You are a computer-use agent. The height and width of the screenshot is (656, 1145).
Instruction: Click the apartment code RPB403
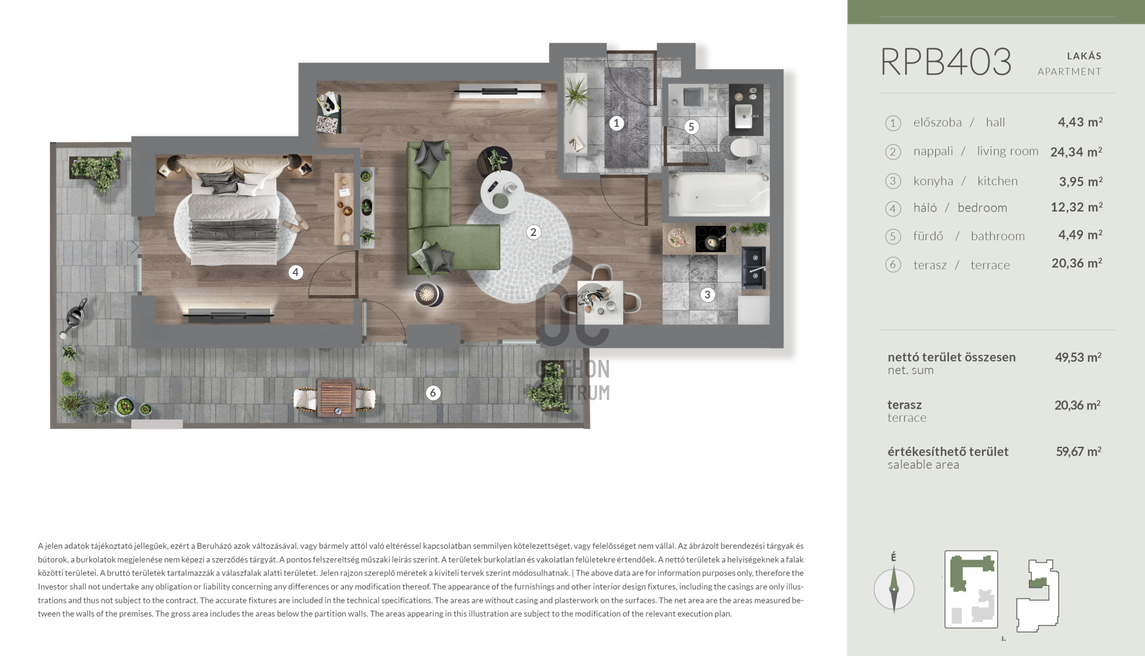coord(946,62)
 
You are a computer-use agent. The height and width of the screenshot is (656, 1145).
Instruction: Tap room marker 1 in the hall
coord(616,123)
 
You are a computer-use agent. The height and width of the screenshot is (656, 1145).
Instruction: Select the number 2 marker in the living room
coord(533,232)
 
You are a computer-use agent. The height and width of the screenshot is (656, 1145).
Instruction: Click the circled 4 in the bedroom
coord(295,272)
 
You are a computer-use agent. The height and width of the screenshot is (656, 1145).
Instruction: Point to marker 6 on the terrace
coord(433,393)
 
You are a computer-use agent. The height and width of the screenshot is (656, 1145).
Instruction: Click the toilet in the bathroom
coord(744,148)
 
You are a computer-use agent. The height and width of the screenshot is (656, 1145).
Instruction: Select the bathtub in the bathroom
coord(719,195)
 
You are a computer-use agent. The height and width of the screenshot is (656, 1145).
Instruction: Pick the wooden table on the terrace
coord(336,397)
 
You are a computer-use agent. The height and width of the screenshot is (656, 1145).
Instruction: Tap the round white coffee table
coord(503,192)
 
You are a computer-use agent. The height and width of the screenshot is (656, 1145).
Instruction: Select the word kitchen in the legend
coord(997,181)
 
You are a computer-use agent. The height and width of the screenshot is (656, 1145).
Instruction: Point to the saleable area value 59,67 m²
coord(1078,452)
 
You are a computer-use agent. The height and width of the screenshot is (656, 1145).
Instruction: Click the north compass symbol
coord(894,589)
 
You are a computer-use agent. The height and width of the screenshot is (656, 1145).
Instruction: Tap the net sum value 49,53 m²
coord(1078,357)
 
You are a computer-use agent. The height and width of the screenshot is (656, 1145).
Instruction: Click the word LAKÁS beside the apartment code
coord(1084,56)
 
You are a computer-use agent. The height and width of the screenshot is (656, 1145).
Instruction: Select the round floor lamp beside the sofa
coord(429,293)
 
